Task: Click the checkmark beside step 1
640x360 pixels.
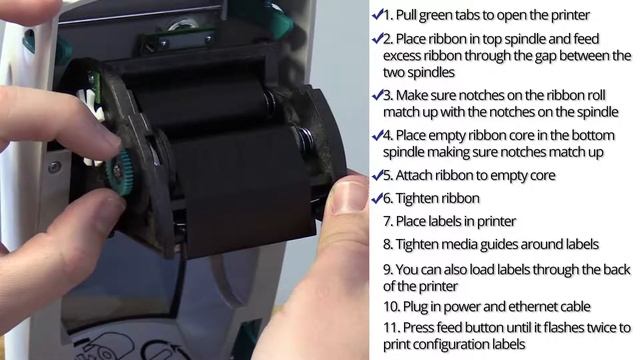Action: tap(378, 15)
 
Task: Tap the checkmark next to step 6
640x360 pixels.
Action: tap(378, 198)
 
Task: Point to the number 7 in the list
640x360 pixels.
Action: tap(388, 222)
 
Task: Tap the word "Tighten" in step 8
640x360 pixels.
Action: tap(417, 245)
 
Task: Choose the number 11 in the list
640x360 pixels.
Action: tap(391, 327)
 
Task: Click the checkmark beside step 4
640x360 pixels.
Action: tap(378, 136)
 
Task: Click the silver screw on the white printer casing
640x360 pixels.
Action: tap(54, 167)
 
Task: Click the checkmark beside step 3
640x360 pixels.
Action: tap(378, 96)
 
